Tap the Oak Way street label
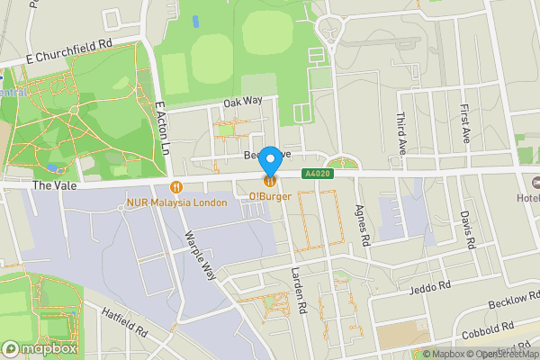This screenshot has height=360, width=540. [x=242, y=103]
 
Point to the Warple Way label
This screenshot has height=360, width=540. [x=202, y=255]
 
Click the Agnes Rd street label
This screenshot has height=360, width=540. [x=364, y=225]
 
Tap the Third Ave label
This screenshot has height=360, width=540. [x=402, y=133]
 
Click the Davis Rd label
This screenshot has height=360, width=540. [x=466, y=230]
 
